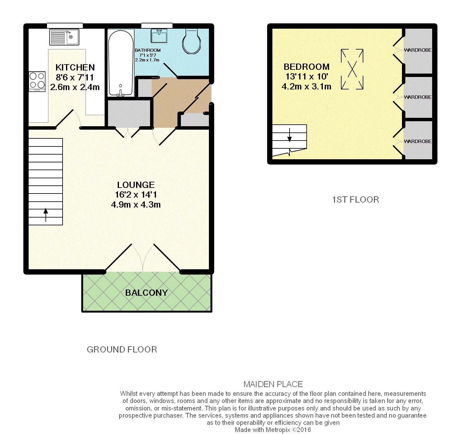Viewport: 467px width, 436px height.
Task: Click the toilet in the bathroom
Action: coord(191,41)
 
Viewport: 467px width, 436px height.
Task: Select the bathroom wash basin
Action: coord(159,36)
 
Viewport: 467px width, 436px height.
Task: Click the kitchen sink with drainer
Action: coord(64,37)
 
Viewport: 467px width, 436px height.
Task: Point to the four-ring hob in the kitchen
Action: coord(37,81)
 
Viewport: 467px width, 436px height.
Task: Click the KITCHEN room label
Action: coord(75,67)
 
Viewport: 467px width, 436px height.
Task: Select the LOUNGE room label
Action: coord(136,185)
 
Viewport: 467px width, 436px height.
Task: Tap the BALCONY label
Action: coord(146,293)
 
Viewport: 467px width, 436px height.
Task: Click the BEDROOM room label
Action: coord(306,67)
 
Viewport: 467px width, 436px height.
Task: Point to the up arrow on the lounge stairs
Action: coord(46,215)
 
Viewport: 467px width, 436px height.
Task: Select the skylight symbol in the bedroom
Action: coord(352,69)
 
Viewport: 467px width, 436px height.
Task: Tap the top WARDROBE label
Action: coord(417,50)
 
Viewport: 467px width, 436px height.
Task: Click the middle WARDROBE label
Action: coord(417,97)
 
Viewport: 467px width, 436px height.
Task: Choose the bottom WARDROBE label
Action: coord(417,141)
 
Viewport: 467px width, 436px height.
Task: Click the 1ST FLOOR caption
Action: coord(356,200)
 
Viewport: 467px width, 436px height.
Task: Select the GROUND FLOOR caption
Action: coord(122,350)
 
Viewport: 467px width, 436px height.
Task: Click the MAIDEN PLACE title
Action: coord(273,384)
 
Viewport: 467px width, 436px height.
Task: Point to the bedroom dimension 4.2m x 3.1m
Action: coord(306,87)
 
